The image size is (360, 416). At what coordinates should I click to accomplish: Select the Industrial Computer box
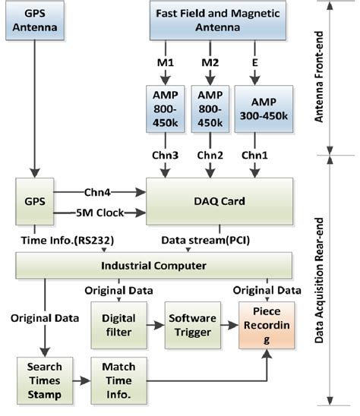point(153,266)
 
